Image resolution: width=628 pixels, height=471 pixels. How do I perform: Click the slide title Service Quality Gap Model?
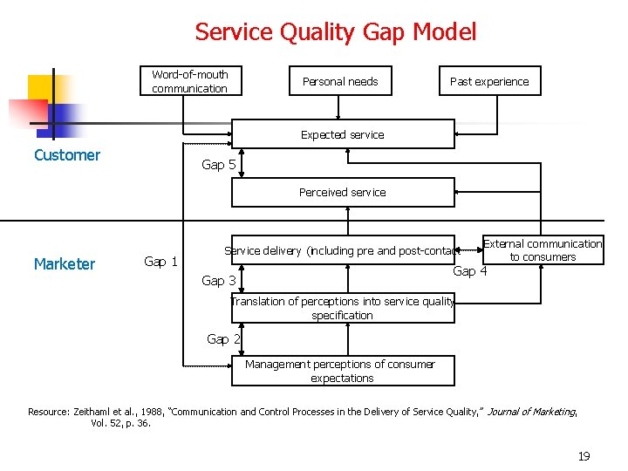point(336,32)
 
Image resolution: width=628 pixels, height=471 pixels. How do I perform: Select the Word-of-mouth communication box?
point(190,81)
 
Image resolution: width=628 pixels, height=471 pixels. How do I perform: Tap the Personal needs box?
point(340,81)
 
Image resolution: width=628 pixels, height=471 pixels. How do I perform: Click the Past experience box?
point(489,81)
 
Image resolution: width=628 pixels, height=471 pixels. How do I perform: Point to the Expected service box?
point(343,135)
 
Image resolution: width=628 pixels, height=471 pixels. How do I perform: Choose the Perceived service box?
point(343,192)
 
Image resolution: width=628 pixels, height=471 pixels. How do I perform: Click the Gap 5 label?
point(218,165)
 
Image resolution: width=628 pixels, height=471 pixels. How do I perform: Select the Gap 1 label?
point(160,262)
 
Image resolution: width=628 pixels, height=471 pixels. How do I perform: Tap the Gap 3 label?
point(218,281)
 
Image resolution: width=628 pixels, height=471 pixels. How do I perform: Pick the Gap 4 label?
point(470,271)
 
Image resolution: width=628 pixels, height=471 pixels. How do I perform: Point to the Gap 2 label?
point(223,339)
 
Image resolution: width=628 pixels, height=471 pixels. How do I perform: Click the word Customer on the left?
point(67,155)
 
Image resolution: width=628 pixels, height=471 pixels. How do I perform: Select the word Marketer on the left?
point(65,264)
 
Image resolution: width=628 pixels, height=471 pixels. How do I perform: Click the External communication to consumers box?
point(543,250)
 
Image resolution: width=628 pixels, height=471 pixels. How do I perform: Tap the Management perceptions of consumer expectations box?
point(343,371)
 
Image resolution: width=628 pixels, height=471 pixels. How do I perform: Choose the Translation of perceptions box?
point(343,308)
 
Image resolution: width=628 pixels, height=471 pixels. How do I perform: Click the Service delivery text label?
point(341,251)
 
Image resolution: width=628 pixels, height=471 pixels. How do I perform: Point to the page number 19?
point(584,456)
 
